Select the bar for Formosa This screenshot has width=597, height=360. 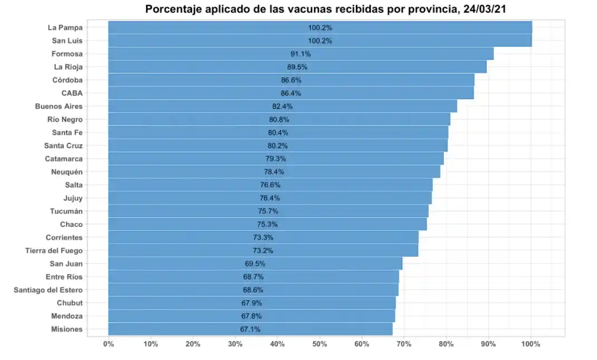click(301, 54)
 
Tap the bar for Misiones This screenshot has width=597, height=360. click(250, 329)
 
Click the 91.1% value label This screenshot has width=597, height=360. click(301, 54)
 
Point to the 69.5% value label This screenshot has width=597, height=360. click(255, 264)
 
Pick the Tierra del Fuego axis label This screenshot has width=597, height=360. click(54, 251)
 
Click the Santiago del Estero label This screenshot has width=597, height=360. click(48, 290)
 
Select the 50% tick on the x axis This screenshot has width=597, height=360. click(320, 344)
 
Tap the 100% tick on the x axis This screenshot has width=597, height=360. click(531, 344)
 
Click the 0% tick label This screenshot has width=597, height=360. click(109, 344)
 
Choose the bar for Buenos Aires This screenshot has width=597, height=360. click(282, 106)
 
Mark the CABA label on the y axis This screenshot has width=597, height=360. click(72, 93)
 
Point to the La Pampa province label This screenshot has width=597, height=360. click(66, 28)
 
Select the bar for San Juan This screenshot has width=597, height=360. click(255, 264)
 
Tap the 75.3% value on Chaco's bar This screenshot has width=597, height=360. click(267, 225)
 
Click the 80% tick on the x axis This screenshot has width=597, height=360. click(446, 344)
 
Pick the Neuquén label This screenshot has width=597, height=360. click(67, 172)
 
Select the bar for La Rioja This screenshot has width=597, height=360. click(297, 67)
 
